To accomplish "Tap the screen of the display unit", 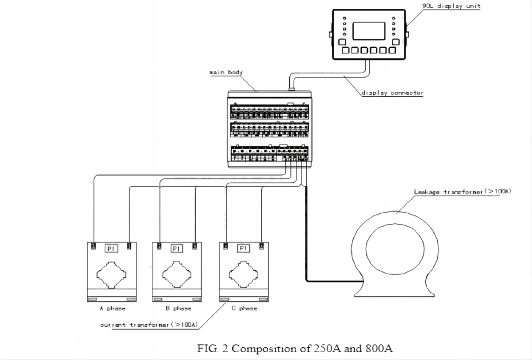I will click(369, 31).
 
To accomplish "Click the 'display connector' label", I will click(392, 93).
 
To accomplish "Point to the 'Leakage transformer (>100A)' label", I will click(462, 192).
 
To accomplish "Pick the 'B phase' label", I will click(178, 308).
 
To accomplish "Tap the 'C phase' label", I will click(244, 308).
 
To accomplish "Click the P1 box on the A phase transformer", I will click(111, 249).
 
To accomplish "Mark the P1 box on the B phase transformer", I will click(177, 249).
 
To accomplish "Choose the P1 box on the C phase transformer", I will click(244, 249).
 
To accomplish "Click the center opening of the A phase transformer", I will click(111, 274).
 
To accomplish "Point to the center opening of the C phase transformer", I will click(244, 274).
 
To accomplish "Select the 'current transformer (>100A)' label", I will click(149, 325).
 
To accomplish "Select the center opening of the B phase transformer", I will click(177, 274).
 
